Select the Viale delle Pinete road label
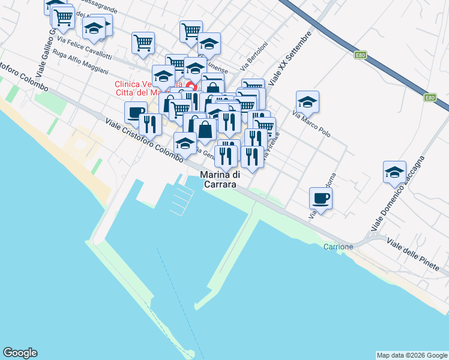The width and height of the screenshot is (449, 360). pos(418,254)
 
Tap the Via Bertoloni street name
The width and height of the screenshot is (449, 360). pos(255,55)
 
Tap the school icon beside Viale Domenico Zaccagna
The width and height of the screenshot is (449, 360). pos(394,172)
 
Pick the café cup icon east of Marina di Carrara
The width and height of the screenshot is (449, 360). pos(321,198)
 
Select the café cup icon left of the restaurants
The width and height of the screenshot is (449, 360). pos(136,112)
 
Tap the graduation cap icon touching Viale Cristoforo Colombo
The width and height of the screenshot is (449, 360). pos(185,143)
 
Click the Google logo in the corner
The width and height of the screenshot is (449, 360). pos(20,353)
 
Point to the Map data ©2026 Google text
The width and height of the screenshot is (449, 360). pos(412,355)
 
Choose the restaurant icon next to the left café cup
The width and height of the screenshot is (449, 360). pos(149,124)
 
